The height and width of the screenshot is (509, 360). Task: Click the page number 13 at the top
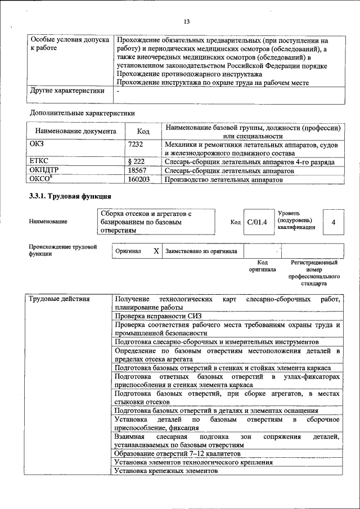(x=186, y=21)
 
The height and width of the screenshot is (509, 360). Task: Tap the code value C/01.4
(x=257, y=222)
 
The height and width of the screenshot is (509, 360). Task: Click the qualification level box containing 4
(x=334, y=222)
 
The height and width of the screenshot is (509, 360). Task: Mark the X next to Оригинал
(x=156, y=251)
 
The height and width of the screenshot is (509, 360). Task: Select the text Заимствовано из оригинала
(x=201, y=251)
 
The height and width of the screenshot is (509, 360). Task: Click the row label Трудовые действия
(x=59, y=299)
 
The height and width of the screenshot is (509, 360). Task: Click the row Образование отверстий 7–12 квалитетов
(x=178, y=453)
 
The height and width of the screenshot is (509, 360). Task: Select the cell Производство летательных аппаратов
(x=223, y=179)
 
